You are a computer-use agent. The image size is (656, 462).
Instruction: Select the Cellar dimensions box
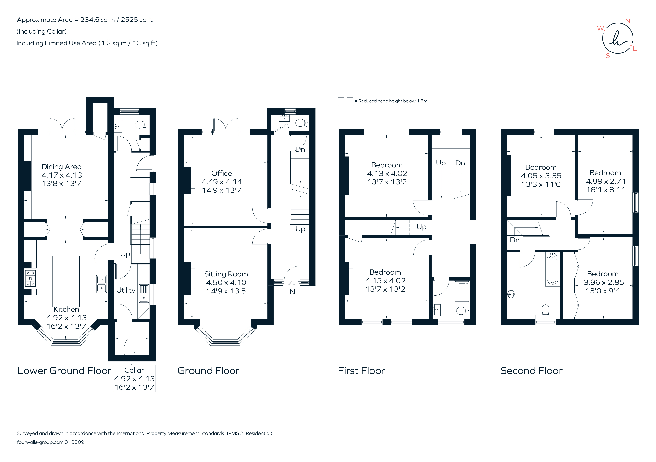tap(134, 378)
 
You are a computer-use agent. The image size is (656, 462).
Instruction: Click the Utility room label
tap(125, 290)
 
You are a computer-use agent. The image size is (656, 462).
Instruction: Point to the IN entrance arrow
tap(291, 284)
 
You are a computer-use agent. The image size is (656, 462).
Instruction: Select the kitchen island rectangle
tap(66, 281)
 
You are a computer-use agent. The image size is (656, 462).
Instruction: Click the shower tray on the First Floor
tap(462, 292)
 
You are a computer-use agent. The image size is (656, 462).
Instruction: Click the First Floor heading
tap(361, 371)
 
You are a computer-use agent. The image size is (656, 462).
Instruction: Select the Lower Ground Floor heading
tap(64, 371)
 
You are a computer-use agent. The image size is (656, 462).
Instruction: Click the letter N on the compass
tap(628, 21)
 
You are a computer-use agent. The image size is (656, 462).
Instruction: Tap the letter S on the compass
tap(608, 56)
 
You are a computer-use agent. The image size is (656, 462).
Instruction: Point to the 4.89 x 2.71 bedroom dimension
tap(605, 181)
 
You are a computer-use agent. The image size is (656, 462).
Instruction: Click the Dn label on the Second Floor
tap(515, 240)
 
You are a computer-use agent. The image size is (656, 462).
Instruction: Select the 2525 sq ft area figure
tap(137, 20)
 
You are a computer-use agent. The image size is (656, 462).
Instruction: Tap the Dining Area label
tap(61, 167)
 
